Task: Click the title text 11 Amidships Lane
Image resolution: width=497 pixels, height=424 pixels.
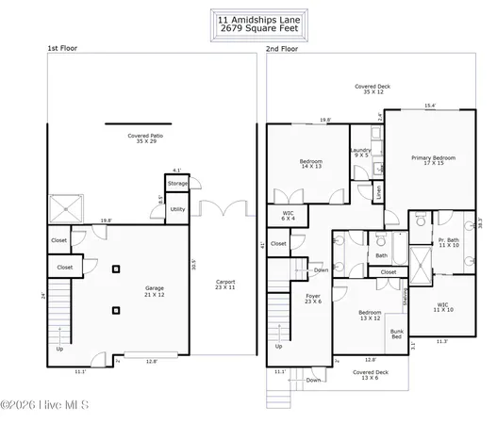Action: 248,18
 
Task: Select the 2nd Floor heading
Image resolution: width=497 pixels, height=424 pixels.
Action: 282,48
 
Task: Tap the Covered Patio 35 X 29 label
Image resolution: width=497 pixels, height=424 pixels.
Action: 146,139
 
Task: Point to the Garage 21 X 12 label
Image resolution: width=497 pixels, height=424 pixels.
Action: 154,290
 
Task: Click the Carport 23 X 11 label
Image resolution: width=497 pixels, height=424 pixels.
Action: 224,284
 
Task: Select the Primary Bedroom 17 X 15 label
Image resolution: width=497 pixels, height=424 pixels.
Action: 433,161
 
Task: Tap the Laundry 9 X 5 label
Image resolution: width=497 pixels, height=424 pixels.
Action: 360,153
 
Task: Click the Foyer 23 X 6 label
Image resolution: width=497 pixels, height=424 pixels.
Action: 312,299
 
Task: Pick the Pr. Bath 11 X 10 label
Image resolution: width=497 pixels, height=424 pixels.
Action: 447,243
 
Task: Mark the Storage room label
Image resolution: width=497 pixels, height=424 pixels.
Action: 177,183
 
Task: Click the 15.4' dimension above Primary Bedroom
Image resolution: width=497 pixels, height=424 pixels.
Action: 429,106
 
